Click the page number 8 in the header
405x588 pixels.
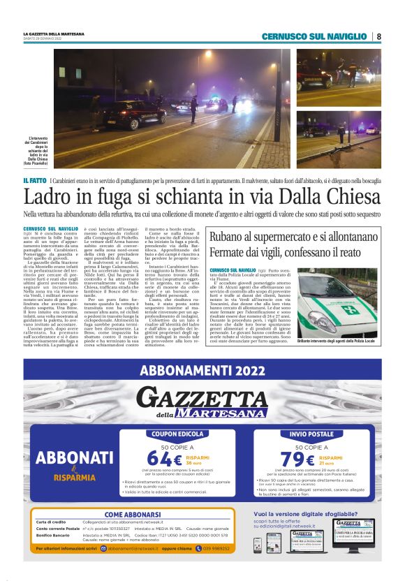click(378, 36)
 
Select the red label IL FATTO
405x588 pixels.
click(35, 181)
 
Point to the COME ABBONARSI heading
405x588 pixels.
click(133, 515)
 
